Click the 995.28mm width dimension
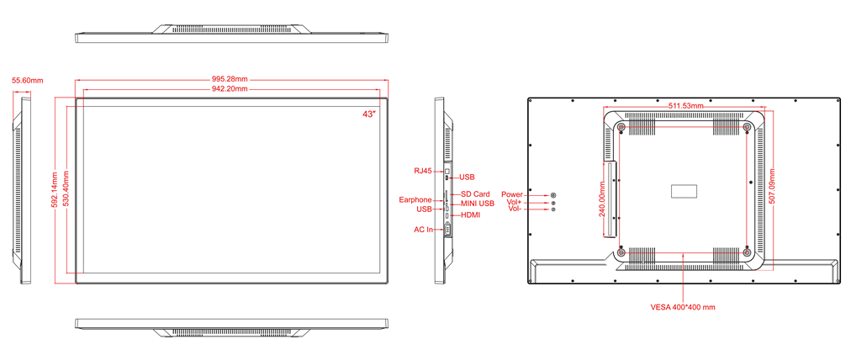tap(232, 80)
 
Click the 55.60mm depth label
tap(28, 81)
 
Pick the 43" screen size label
tap(370, 114)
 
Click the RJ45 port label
tap(422, 171)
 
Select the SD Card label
tap(475, 193)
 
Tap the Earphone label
tap(415, 200)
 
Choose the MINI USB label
tap(478, 204)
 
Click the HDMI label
tap(470, 215)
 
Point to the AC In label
tap(423, 230)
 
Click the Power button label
tap(512, 194)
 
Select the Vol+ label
tap(514, 202)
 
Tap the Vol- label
tap(515, 209)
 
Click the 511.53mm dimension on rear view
tap(685, 105)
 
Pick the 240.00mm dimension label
tap(602, 199)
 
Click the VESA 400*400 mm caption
tap(683, 307)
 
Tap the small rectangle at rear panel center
tap(684, 191)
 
